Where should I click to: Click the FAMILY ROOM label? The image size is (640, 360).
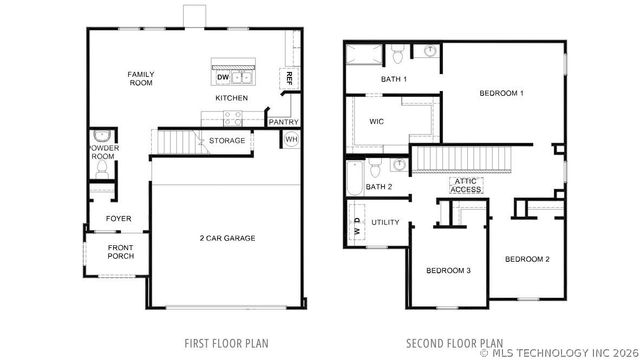(140, 79)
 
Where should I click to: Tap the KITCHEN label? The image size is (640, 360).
(231, 98)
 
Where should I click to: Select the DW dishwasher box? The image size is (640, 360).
(222, 77)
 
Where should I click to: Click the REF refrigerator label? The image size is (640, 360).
(289, 76)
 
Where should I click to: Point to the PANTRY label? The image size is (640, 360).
(281, 122)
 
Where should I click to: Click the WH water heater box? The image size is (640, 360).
(292, 139)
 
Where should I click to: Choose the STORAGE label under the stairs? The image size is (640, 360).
(226, 141)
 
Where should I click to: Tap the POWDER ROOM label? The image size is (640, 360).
(103, 152)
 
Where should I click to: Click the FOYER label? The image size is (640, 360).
(118, 219)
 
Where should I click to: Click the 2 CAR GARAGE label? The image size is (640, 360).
(226, 238)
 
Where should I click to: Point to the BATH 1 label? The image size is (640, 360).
(395, 79)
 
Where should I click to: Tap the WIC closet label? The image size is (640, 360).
(376, 122)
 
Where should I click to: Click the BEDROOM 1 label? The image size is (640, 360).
(501, 93)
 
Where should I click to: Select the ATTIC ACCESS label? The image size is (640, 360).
(466, 185)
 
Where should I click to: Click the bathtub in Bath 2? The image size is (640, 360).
(354, 180)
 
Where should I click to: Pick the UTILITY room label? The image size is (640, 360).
(385, 222)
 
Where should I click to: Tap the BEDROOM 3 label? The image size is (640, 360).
(448, 271)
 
